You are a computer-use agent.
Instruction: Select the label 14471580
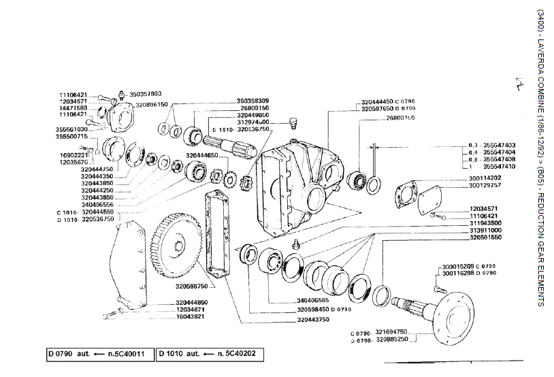tap(72, 108)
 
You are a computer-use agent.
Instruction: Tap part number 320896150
tap(151, 105)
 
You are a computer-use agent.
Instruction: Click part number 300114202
tap(485, 178)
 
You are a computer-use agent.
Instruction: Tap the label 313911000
tap(485, 230)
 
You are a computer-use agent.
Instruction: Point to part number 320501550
tap(485, 237)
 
